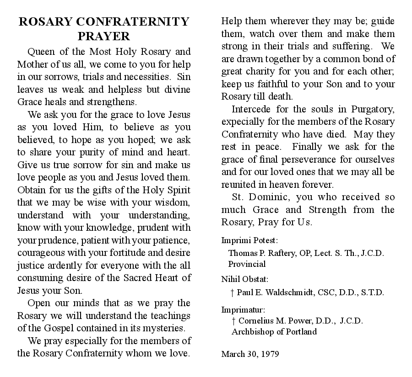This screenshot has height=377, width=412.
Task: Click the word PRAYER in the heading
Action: [103, 36]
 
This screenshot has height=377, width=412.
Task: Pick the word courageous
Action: [40, 252]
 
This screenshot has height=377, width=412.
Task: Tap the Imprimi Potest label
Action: [250, 240]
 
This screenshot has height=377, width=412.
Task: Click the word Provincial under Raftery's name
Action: [247, 264]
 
